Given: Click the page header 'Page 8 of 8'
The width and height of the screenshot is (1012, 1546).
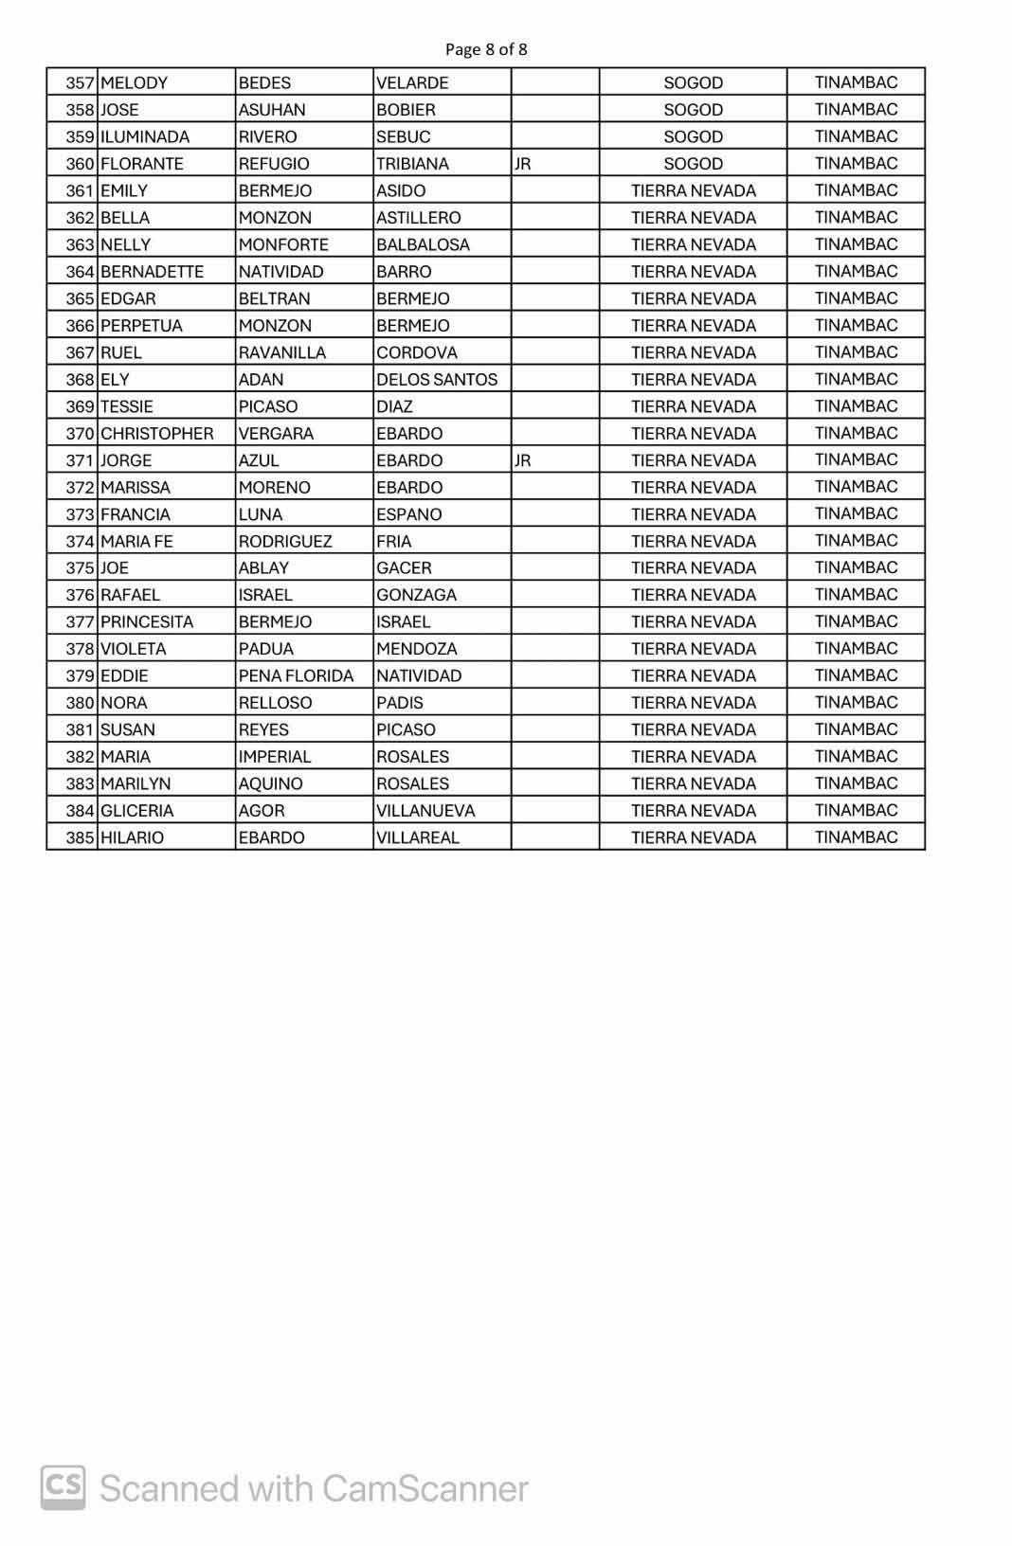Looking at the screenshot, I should click(486, 49).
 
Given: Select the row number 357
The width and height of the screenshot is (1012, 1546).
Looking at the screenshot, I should click(80, 83).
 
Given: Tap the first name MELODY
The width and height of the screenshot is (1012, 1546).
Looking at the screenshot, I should click(134, 83).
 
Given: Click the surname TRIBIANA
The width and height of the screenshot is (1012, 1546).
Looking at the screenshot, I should click(412, 164).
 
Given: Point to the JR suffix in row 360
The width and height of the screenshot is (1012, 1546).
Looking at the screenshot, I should click(522, 164).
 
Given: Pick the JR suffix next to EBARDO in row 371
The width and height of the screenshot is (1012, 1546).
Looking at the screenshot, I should click(522, 461).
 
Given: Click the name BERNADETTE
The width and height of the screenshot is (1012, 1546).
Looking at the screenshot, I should click(152, 272).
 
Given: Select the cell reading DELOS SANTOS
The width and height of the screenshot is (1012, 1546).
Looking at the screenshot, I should click(437, 380).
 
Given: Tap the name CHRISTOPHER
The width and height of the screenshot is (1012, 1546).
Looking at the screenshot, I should click(156, 434).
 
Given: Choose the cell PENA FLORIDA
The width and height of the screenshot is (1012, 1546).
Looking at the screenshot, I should click(296, 676).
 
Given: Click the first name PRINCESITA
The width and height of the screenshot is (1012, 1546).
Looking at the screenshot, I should click(146, 622).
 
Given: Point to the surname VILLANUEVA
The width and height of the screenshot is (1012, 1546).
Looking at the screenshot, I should click(425, 811).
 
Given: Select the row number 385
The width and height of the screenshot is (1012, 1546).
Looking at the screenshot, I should click(80, 838).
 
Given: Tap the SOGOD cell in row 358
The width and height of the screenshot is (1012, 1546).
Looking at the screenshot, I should click(693, 110).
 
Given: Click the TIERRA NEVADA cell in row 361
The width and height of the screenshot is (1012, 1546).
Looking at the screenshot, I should click(693, 191).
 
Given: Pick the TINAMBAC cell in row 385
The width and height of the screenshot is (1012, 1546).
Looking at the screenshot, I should click(856, 837).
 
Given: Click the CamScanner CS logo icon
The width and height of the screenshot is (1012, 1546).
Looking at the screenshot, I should click(63, 1487).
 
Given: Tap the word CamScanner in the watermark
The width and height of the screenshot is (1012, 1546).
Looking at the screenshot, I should click(425, 1489).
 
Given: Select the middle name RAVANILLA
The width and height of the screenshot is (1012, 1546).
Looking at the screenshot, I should click(281, 353).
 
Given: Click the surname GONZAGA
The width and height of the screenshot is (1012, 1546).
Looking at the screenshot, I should click(416, 596).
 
